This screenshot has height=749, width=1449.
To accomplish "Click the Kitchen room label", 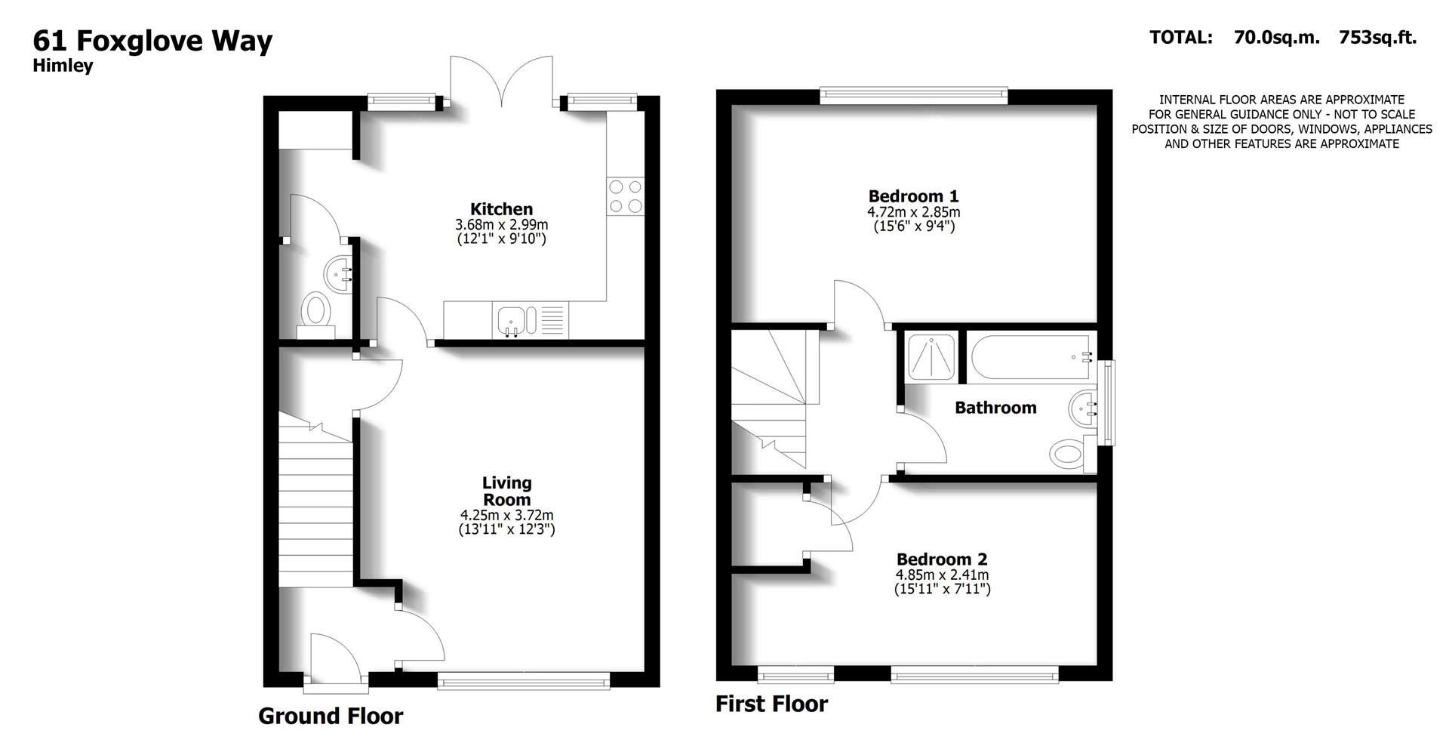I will [501, 209].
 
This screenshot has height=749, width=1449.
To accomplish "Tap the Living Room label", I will [506, 491].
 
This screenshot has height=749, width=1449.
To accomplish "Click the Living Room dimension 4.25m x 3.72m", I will [506, 515].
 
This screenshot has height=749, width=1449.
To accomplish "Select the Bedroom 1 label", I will [913, 196].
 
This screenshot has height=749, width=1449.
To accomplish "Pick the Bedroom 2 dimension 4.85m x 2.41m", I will [942, 575].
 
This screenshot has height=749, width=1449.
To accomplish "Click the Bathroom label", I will [995, 408].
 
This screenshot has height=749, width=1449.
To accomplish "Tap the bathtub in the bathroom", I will [1031, 358].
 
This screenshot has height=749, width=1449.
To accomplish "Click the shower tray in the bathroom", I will [931, 356].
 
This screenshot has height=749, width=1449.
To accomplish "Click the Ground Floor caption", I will [331, 716].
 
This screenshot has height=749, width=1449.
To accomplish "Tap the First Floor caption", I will [771, 704].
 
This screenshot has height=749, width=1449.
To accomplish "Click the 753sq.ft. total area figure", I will [1377, 37].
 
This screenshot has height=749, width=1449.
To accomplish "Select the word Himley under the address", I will [63, 66].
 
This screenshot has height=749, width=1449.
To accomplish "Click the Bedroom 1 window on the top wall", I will [913, 94].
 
